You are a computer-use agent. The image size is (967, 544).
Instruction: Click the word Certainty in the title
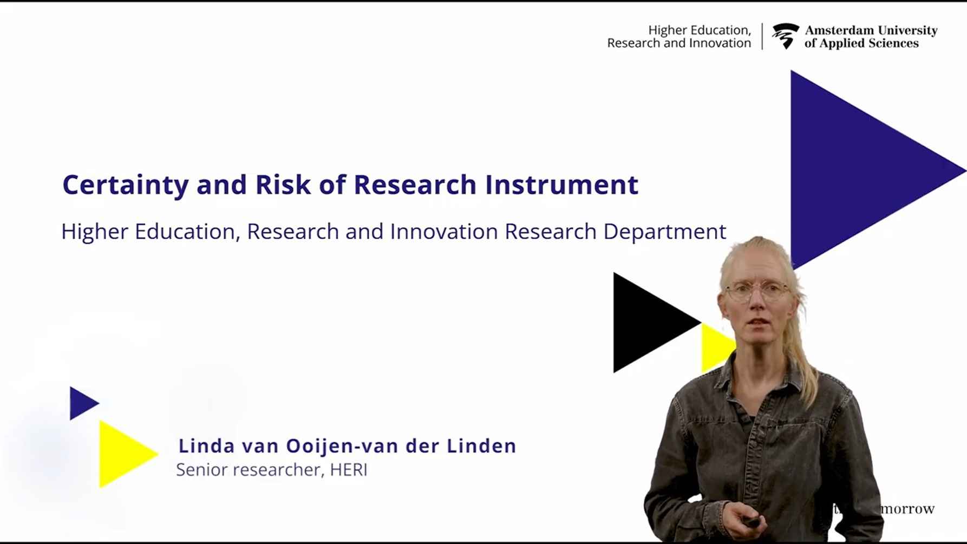coord(125,185)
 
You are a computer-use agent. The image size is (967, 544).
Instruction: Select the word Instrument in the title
coord(561,185)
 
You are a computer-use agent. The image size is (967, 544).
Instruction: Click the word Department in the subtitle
coord(664,232)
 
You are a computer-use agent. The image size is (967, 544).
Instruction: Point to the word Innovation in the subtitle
coord(444,232)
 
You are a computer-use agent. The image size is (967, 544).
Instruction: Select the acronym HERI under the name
coord(349,470)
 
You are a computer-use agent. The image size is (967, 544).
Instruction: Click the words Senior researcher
coord(249,470)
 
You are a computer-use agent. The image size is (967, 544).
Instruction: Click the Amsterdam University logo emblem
coord(785,36)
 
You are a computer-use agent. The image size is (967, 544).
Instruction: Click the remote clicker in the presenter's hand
coord(751,522)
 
